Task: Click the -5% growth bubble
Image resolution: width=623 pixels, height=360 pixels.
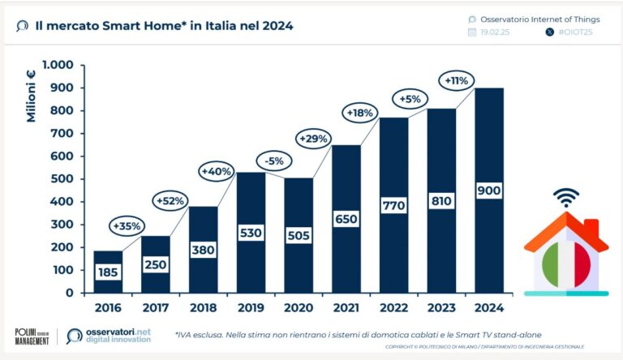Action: (x=269, y=161)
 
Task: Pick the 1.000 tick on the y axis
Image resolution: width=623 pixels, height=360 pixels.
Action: (x=58, y=65)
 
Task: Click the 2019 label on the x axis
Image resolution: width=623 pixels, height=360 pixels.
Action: (x=251, y=308)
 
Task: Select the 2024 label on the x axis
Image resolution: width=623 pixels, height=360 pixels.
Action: (x=488, y=308)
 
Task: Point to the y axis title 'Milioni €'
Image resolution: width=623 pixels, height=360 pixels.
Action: (x=32, y=95)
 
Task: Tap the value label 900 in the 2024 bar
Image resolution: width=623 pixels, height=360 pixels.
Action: (x=488, y=190)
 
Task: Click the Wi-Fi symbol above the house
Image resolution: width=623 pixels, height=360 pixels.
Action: (x=565, y=197)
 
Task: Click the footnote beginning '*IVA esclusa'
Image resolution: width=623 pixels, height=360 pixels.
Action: (x=358, y=333)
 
